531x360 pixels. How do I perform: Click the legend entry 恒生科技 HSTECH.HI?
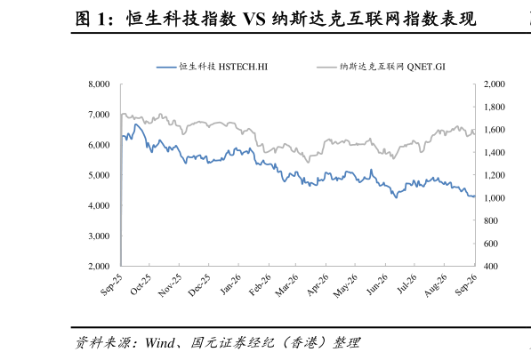pyautogui.click(x=212, y=67)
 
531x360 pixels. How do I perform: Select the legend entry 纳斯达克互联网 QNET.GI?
pyautogui.click(x=381, y=67)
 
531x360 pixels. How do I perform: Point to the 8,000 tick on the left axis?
pyautogui.click(x=100, y=84)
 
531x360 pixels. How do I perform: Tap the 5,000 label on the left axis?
pyautogui.click(x=100, y=175)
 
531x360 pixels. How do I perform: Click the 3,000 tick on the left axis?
pyautogui.click(x=100, y=236)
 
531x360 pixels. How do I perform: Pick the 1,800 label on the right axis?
pyautogui.click(x=495, y=107)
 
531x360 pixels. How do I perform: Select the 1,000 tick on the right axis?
pyautogui.click(x=495, y=198)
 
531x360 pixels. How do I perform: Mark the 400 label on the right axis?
pyautogui.click(x=491, y=267)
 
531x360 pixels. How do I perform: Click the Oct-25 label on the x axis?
pyautogui.click(x=141, y=284)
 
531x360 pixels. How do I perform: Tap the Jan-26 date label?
pyautogui.click(x=230, y=284)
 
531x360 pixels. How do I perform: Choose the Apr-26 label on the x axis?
pyautogui.click(x=318, y=285)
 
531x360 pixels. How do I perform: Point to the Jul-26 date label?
pyautogui.click(x=407, y=284)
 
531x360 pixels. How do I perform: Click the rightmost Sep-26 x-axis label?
pyautogui.click(x=466, y=284)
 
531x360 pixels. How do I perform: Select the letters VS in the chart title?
pyautogui.click(x=254, y=19)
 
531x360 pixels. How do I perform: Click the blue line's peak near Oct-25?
pyautogui.click(x=136, y=124)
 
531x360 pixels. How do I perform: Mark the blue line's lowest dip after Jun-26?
pyautogui.click(x=396, y=197)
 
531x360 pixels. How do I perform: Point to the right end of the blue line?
pyautogui.click(x=475, y=196)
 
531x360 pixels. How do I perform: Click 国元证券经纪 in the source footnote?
pyautogui.click(x=232, y=343)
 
